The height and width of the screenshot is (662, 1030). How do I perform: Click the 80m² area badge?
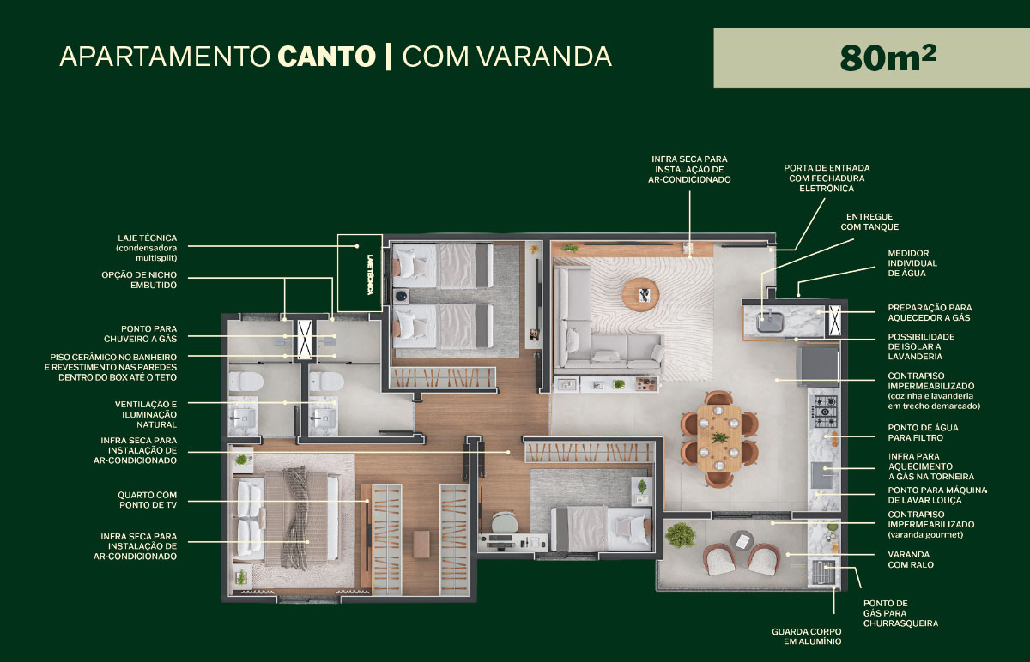coord(871,58)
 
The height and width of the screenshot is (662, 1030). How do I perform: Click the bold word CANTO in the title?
coord(326,57)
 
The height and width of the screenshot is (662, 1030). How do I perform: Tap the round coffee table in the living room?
coord(640,294)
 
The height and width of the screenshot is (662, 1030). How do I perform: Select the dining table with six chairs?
coord(719,438)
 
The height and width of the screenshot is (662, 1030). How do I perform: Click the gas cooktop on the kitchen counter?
coord(825,411)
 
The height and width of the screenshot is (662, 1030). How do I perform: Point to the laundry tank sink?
coord(770,321)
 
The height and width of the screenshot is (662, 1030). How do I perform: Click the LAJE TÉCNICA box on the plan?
coord(360,274)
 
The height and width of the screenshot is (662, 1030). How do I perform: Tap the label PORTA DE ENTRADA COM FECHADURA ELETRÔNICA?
coord(827,178)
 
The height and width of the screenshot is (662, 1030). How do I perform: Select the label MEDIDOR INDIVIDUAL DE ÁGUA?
coord(912,263)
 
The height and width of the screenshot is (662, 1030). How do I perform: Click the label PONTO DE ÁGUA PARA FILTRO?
coord(923,433)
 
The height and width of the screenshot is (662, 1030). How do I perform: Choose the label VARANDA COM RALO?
coord(911,560)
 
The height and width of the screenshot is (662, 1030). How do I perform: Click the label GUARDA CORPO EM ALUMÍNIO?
coord(807,637)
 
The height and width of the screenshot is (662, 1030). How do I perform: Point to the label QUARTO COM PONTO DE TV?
coord(147,500)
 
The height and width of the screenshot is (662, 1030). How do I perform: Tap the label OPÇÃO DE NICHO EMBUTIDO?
coord(139,280)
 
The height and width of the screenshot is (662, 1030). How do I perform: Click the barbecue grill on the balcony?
coord(823,573)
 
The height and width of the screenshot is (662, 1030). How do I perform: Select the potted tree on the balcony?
coord(680,535)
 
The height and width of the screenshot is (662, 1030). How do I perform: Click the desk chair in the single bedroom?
coord(504,522)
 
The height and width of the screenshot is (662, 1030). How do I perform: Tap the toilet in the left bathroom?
coord(245,382)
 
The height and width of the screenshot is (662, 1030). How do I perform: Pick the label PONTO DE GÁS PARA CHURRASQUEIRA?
coord(900,613)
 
